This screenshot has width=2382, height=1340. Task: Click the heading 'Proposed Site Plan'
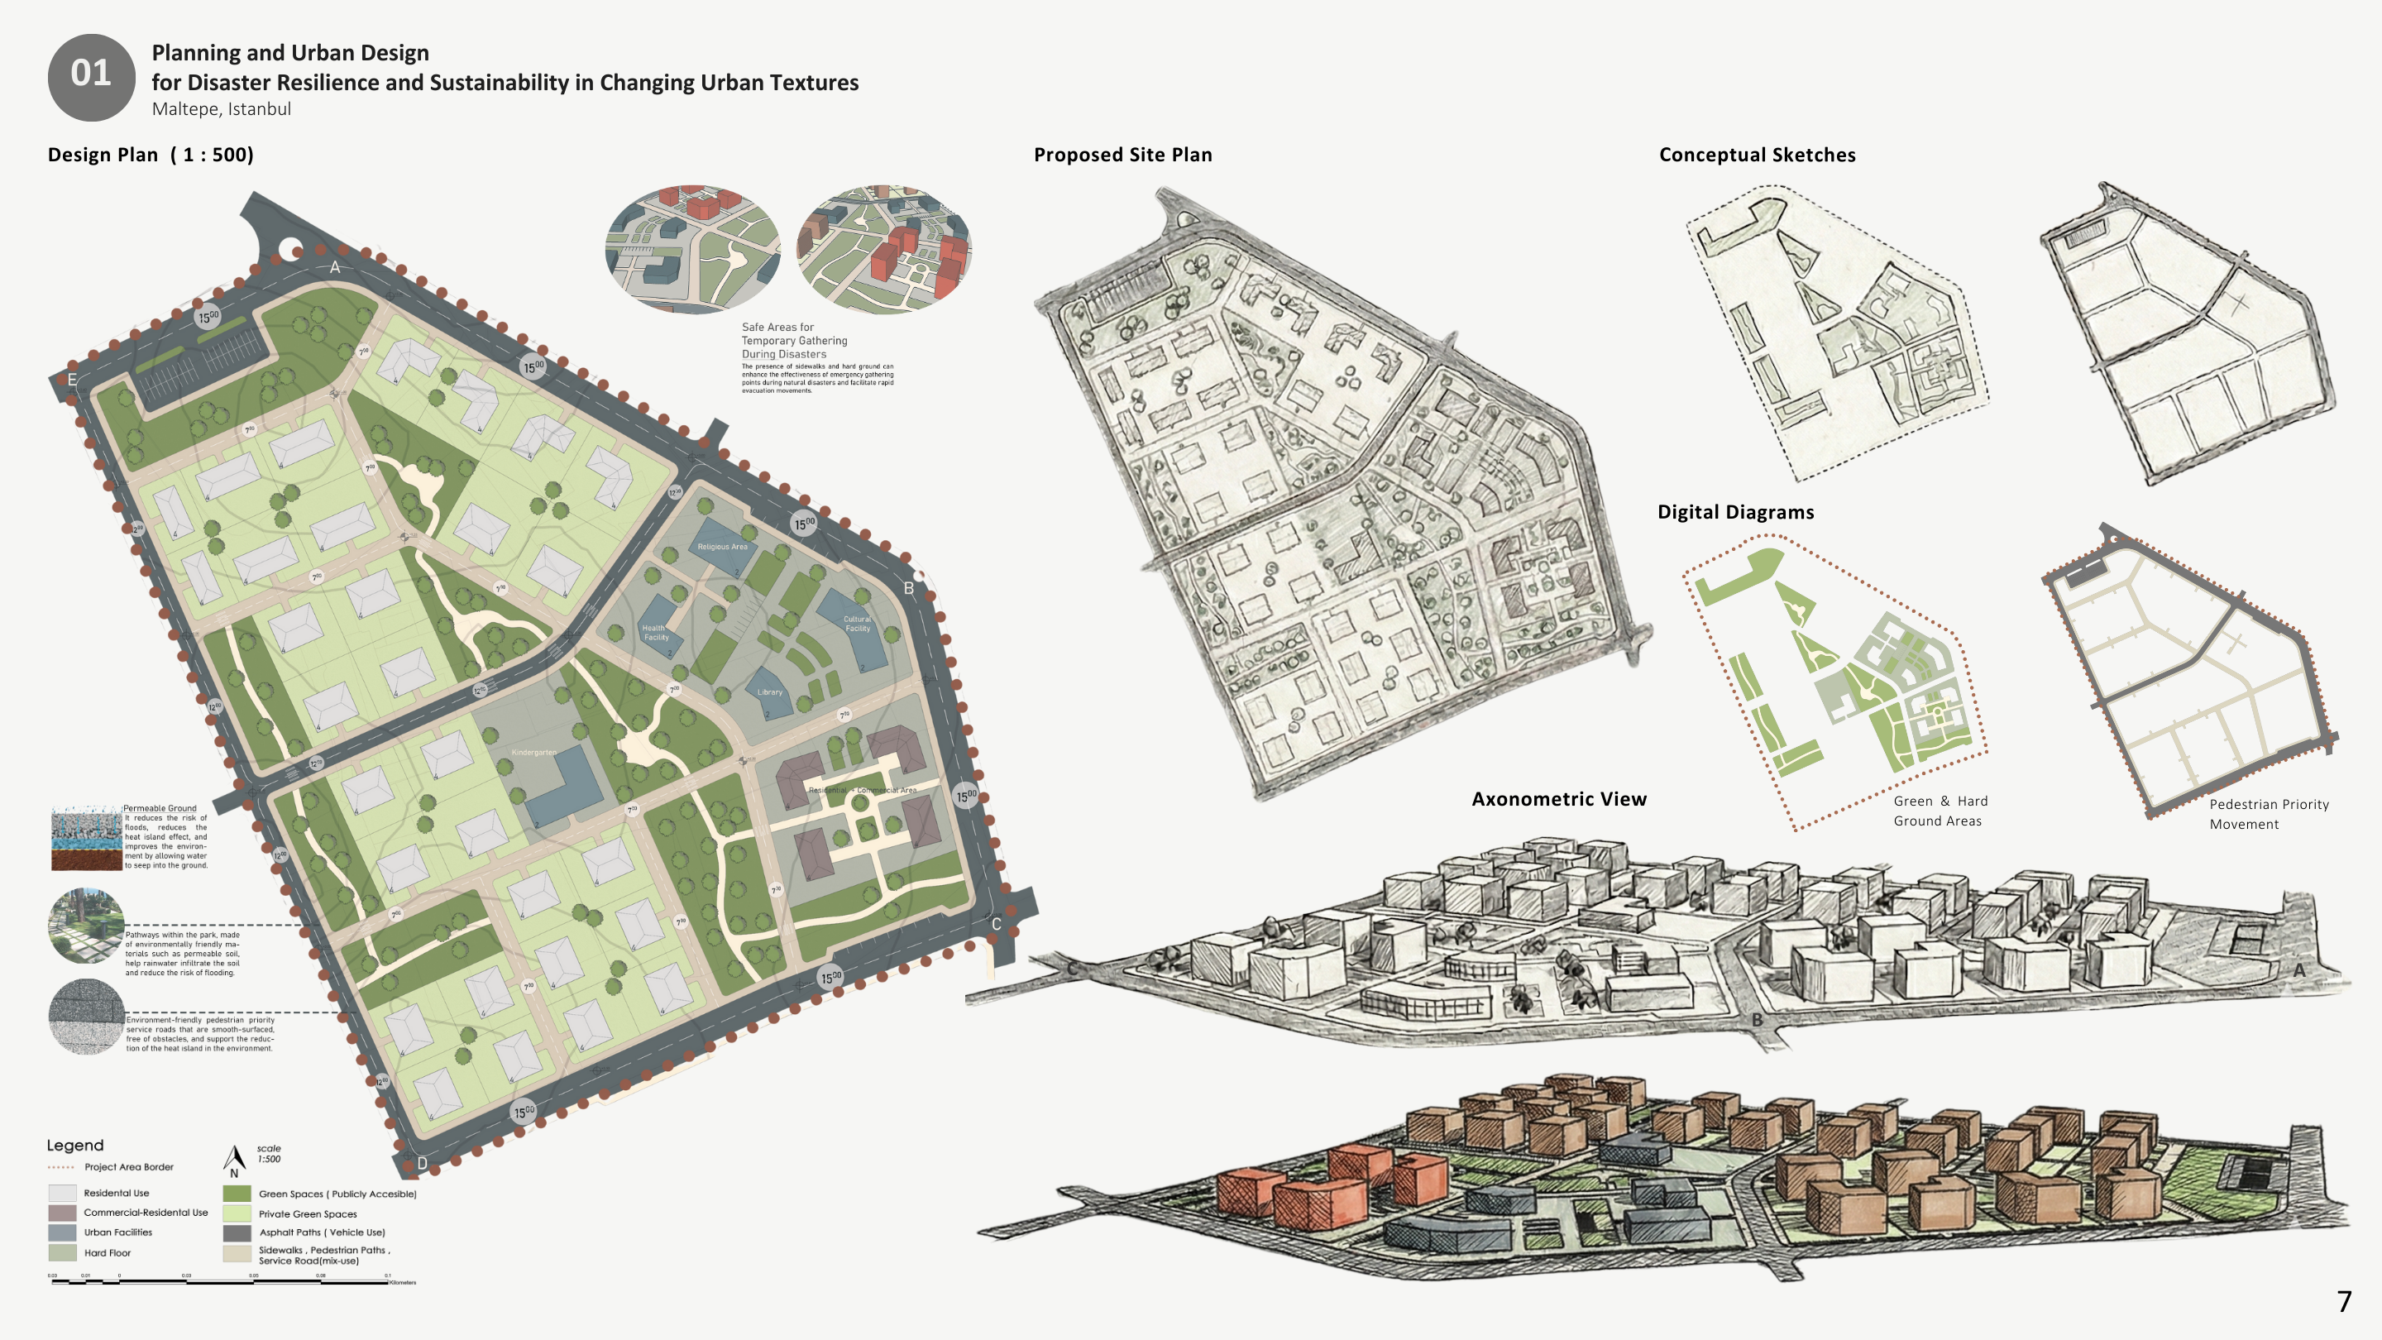(x=1122, y=155)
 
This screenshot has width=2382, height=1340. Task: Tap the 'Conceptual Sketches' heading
(x=1757, y=155)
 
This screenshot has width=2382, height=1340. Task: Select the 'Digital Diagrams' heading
(x=1736, y=512)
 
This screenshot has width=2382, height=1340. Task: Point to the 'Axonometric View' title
(x=1559, y=799)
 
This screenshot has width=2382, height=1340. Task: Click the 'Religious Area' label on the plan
(x=722, y=547)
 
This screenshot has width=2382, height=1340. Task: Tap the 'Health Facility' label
(x=656, y=633)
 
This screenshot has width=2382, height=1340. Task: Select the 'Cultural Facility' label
(x=857, y=625)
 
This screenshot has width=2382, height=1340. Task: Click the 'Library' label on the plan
(x=769, y=692)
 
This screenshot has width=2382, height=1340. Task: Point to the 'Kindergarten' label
(x=533, y=753)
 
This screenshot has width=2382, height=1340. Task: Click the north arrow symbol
(x=235, y=1159)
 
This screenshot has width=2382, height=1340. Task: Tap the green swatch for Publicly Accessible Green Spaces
(x=237, y=1194)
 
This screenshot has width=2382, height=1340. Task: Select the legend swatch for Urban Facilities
(x=62, y=1232)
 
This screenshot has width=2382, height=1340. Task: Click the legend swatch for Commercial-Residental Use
(x=62, y=1213)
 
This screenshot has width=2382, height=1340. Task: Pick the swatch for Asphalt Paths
(x=237, y=1232)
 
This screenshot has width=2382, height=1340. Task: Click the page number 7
(x=2344, y=1302)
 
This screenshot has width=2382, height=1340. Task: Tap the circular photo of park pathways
(x=86, y=926)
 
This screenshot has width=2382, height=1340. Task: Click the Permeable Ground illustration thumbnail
(x=87, y=838)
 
